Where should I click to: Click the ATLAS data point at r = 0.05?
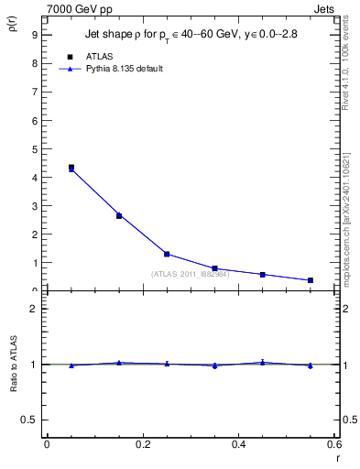click(x=71, y=168)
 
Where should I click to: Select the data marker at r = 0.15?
click(x=119, y=215)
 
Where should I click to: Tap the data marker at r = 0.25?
click(x=167, y=254)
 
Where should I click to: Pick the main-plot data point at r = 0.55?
click(x=311, y=280)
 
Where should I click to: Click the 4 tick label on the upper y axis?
click(x=34, y=178)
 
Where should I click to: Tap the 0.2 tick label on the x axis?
click(x=143, y=444)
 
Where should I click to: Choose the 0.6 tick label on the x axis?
click(x=334, y=444)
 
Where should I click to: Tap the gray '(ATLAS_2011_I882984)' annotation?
click(x=191, y=274)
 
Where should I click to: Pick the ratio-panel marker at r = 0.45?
click(x=263, y=363)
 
